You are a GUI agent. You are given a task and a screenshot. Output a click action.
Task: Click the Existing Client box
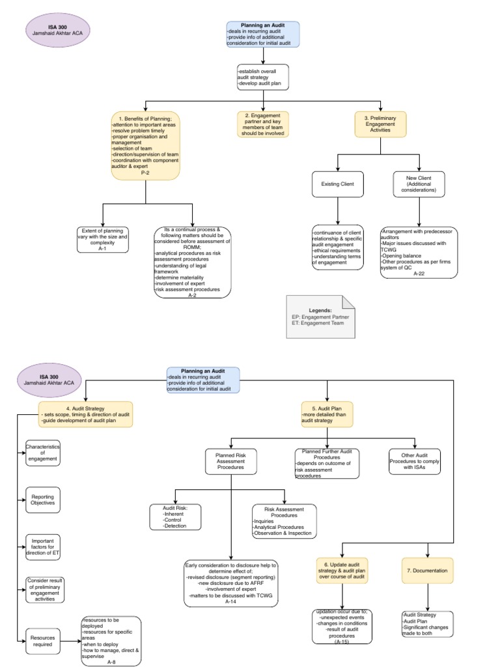[338, 184]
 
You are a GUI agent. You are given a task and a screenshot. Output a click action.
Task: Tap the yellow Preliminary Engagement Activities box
[380, 124]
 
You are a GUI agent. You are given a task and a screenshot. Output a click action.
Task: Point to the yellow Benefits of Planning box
[145, 145]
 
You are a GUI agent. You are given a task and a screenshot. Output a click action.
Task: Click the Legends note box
[321, 317]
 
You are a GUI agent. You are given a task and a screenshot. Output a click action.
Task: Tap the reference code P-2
[144, 174]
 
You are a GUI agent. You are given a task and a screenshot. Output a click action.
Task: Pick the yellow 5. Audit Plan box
[327, 414]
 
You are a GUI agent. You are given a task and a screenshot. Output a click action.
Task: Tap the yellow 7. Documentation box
[427, 571]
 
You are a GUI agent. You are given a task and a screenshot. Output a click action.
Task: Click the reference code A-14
[231, 602]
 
